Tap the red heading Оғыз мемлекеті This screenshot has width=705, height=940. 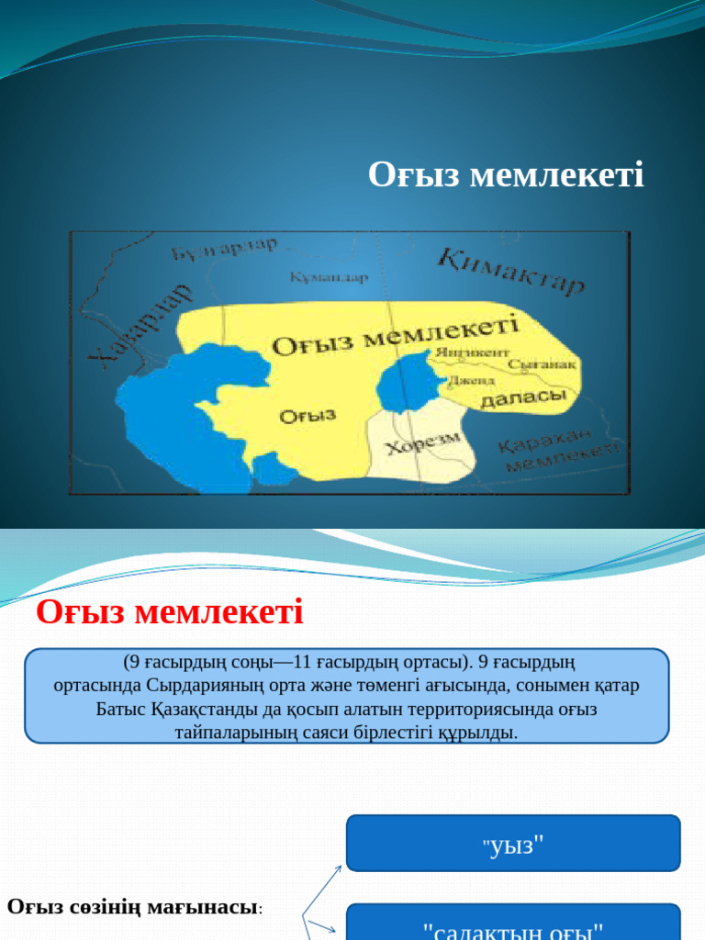(170, 611)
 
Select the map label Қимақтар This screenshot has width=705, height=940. (511, 271)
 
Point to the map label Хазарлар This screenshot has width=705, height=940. (141, 327)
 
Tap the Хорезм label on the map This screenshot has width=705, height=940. (422, 445)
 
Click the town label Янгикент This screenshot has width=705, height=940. (472, 352)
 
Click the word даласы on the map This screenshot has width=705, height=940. (523, 398)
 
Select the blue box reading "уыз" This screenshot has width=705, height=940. (513, 843)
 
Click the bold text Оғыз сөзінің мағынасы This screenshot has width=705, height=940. (134, 907)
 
